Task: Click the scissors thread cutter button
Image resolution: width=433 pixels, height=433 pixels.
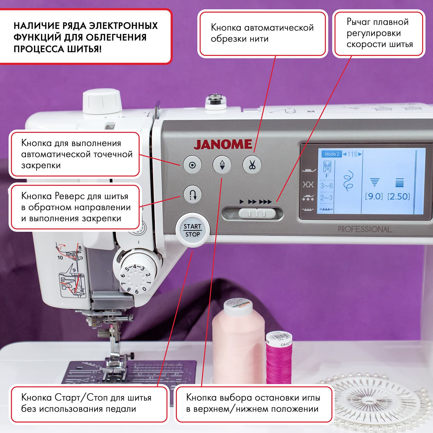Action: [252, 165]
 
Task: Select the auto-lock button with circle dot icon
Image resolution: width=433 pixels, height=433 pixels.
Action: [192, 165]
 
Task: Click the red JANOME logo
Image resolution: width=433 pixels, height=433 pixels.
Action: [223, 145]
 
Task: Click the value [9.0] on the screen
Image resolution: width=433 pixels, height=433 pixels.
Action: [374, 197]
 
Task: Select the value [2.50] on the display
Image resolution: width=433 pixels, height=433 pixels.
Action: [399, 197]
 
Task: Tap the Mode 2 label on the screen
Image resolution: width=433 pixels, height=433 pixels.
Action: [331, 154]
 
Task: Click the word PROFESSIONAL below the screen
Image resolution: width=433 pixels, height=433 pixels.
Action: [365, 229]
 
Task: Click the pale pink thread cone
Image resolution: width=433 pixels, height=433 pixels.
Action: [238, 341]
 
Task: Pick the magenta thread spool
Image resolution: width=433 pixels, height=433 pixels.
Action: [279, 361]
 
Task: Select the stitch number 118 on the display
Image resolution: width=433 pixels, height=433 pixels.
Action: [352, 154]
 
